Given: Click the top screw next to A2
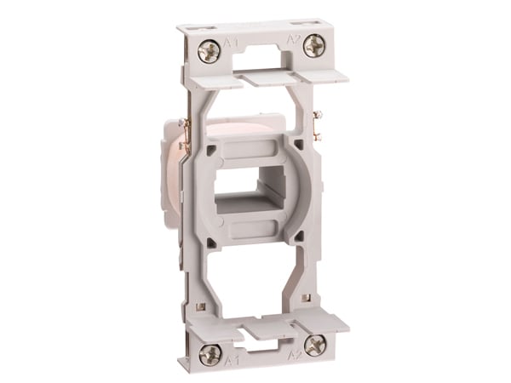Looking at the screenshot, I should point(313,45).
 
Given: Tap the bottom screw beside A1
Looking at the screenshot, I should point(209,352).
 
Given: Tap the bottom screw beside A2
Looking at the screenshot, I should point(315,345).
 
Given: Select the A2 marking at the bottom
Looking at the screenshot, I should point(294,353).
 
